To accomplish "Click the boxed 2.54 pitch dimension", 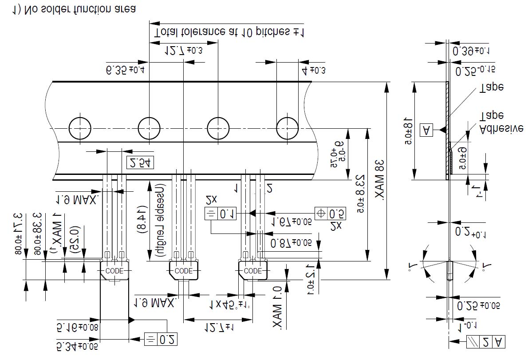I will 140,163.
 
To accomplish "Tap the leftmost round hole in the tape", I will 79,129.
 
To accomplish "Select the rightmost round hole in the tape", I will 288,129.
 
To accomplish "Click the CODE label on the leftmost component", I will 114,271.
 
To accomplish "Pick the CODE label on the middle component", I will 183,271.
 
